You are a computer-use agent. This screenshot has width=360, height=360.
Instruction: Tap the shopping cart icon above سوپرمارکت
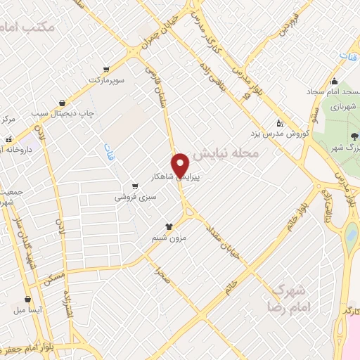(106, 70)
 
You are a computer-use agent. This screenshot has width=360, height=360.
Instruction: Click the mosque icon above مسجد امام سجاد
(334, 79)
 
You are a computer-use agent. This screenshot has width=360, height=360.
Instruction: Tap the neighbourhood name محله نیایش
(226, 153)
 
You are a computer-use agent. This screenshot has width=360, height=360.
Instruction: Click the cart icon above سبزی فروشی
(134, 187)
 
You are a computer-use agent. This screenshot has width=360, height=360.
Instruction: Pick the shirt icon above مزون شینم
(169, 226)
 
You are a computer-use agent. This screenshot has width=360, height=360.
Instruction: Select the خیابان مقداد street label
(224, 247)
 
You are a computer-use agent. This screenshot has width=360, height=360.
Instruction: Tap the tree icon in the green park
(354, 136)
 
